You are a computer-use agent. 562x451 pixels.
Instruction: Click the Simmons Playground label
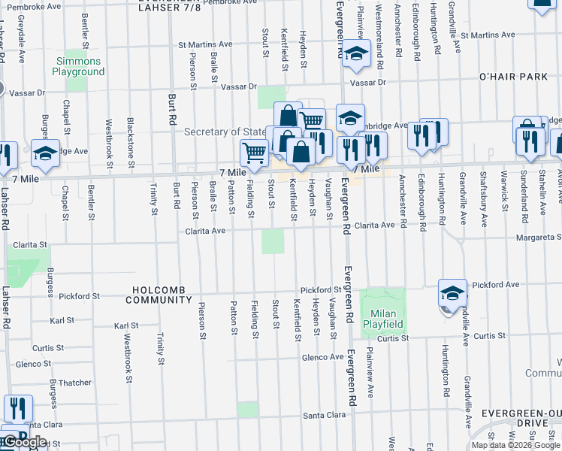click(78, 66)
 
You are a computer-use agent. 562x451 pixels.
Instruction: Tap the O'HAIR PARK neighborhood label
click(513, 77)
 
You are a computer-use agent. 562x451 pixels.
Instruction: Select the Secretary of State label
click(226, 132)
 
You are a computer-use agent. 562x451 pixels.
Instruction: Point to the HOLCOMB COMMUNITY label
click(162, 295)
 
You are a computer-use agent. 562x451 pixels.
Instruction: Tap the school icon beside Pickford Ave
click(452, 294)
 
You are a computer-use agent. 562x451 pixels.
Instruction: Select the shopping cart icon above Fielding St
click(254, 153)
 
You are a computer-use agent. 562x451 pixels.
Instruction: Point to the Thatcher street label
click(76, 383)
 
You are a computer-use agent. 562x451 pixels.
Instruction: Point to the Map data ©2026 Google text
click(515, 445)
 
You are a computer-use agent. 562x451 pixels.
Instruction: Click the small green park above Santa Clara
click(248, 409)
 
